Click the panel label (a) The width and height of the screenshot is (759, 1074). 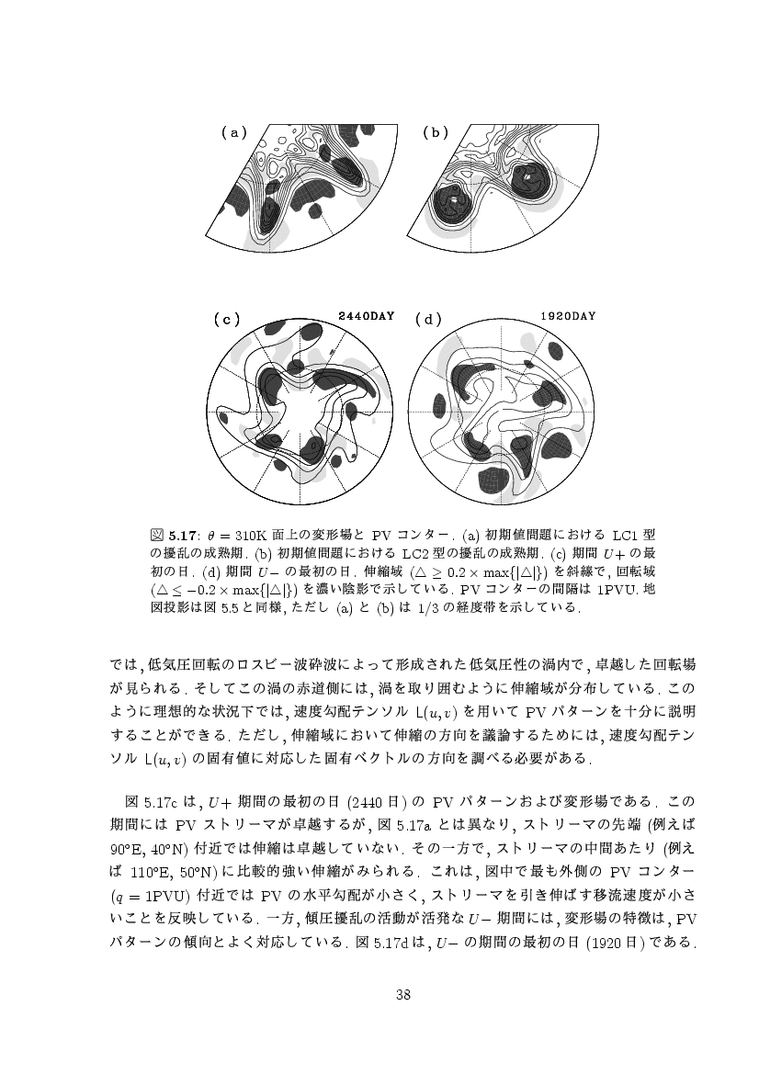coord(235,132)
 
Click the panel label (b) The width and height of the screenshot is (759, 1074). coord(435,132)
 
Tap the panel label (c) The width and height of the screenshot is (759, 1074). coord(225,319)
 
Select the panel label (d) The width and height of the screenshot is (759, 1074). coord(428,319)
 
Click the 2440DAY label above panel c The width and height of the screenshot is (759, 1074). coord(367,316)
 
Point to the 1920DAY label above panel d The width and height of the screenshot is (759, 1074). coord(568,316)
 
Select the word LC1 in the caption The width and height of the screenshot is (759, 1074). coord(623,534)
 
